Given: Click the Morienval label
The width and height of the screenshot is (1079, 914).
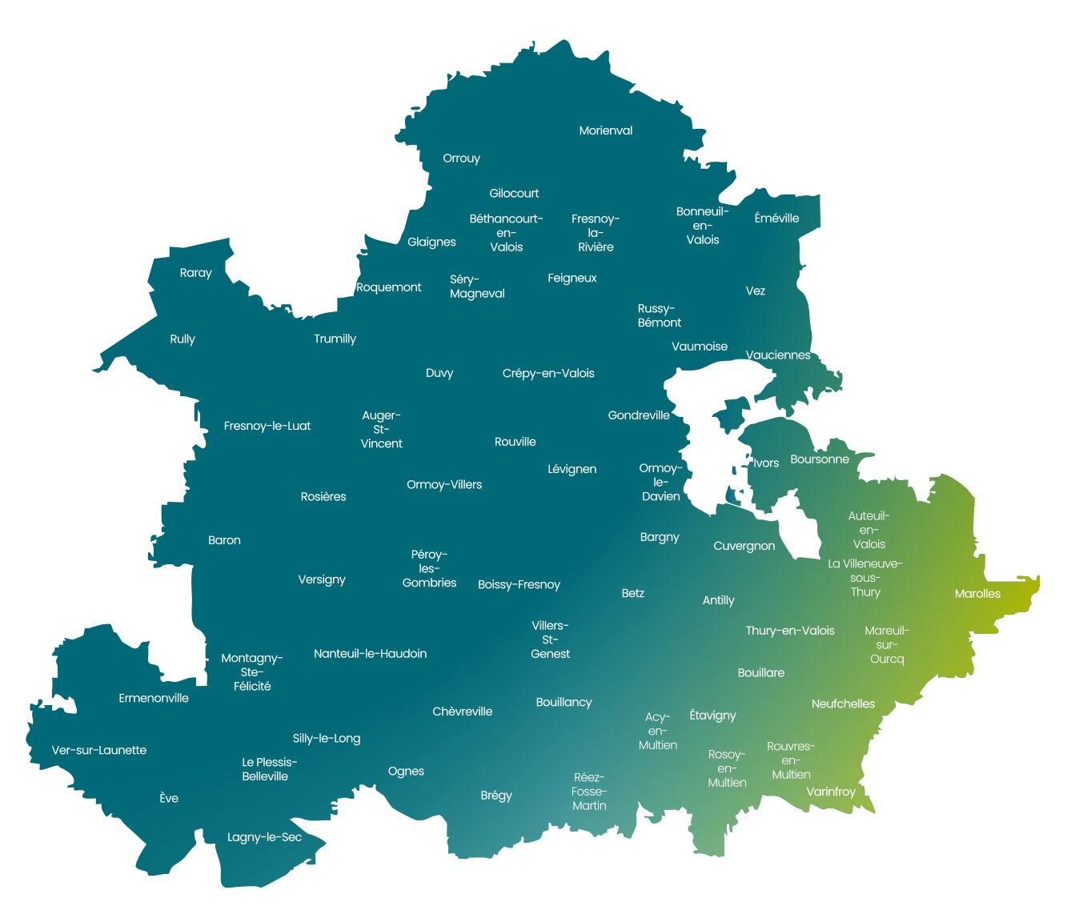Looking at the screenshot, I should coord(605,130).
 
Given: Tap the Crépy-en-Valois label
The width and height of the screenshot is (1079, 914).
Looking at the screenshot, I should coord(548,373).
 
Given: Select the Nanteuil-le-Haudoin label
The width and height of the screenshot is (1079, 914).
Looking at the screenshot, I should coord(370,653).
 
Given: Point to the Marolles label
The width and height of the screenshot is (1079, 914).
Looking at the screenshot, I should coord(977,593).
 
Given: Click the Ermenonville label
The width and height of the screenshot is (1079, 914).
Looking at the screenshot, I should coord(154,698).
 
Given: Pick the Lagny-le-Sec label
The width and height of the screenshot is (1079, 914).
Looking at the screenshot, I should coord(264,837).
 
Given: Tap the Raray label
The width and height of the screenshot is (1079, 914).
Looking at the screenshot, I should coord(195,273).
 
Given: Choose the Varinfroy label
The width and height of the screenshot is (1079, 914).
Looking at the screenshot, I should coord(831,792).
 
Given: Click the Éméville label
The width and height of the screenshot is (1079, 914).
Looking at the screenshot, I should coord(776,218).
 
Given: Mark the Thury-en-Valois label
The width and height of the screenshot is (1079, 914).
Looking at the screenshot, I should coord(790,631).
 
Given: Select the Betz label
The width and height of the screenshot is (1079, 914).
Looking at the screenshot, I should coord(632,593).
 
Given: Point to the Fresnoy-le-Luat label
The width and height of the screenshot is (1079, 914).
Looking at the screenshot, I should coord(267,426).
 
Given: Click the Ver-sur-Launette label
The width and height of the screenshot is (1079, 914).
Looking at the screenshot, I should coord(99,750).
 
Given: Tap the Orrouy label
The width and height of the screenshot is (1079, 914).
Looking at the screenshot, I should coord(461,158).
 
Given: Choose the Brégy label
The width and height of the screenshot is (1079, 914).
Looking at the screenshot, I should coord(496,796).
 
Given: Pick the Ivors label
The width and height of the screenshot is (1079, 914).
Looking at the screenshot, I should coord(766,463).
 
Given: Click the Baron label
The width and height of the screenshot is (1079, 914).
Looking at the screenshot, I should coord(224,540).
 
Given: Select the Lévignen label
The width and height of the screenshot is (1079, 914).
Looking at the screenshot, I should coord(572,469).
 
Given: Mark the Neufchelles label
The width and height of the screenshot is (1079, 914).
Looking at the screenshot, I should coord(843,704).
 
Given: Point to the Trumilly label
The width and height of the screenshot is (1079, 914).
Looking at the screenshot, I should coord(335,339).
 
